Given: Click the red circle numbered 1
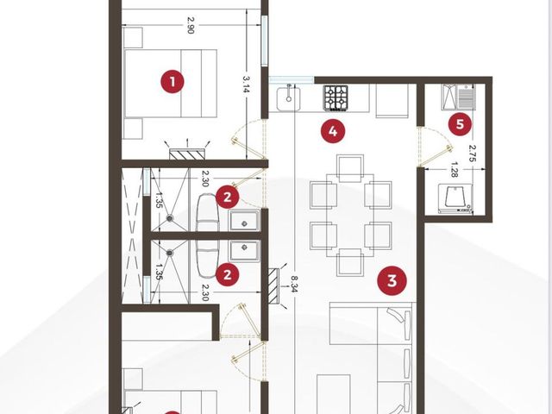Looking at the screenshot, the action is click(172, 82).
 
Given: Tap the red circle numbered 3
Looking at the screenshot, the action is click(392, 280).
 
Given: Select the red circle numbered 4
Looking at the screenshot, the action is click(333, 132).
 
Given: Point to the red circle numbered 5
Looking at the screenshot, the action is click(460, 124).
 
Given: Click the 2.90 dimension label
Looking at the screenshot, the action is click(191, 25).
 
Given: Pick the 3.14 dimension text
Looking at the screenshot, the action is click(246, 85).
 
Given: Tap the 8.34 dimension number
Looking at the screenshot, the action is click(294, 284).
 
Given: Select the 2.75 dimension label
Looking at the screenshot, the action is click(474, 154).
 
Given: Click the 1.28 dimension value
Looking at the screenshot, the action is click(454, 170).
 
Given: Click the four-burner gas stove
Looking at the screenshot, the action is click(336, 97).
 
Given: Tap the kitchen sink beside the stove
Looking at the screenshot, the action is click(288, 99).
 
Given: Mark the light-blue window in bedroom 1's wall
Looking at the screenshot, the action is click(265, 41).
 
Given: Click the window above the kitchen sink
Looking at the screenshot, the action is click(292, 80).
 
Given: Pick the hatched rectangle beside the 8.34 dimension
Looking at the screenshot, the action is click(273, 285).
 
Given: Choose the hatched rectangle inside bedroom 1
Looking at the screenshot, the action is click(187, 154).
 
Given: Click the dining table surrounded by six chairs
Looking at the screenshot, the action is click(350, 215).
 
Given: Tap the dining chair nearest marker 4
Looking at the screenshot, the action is click(350, 168).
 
